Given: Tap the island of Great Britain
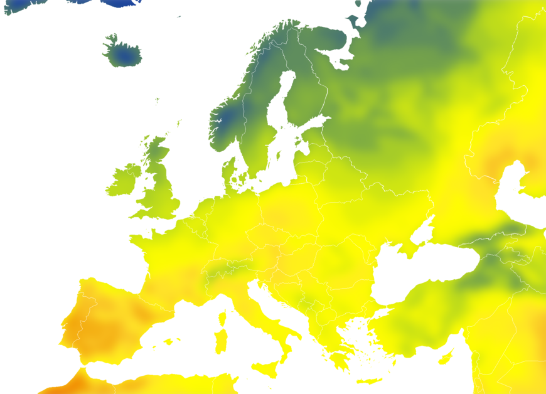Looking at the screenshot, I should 159,188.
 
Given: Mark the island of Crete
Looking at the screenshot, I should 370,381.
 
